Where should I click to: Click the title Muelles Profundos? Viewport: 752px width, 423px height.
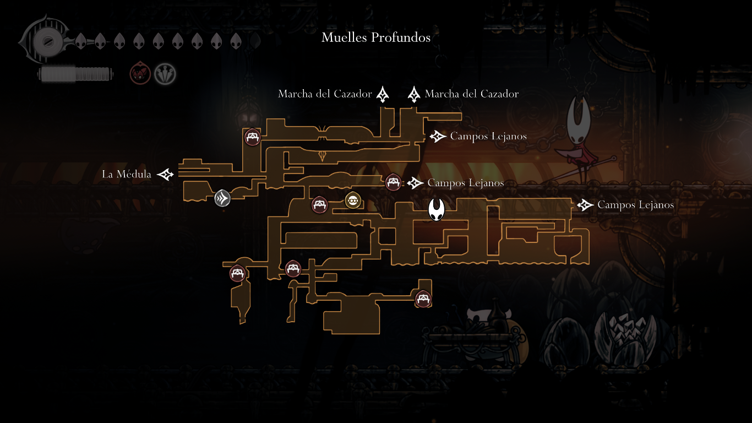(x=376, y=37)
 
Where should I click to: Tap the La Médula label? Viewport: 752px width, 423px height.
(x=127, y=175)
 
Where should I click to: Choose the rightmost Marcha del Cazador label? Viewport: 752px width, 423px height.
(x=472, y=94)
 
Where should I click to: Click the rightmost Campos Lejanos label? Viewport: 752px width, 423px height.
(x=636, y=205)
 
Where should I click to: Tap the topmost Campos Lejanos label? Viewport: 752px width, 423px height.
(x=488, y=136)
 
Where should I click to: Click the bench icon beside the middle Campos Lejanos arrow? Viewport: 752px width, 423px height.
(x=393, y=181)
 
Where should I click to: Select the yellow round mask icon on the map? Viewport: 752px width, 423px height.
(x=352, y=200)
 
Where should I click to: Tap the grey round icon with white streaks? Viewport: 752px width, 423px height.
(x=222, y=198)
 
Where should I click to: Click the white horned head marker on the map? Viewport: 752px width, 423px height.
(x=437, y=210)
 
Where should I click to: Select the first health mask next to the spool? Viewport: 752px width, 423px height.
(x=80, y=41)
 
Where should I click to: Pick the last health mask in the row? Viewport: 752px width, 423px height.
(x=236, y=41)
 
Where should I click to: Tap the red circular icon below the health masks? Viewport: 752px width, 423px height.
(x=140, y=73)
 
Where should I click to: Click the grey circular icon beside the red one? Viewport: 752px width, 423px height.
(x=165, y=73)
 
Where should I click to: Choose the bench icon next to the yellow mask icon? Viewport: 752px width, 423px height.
(x=319, y=205)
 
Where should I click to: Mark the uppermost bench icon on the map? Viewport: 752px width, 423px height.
(x=253, y=137)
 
